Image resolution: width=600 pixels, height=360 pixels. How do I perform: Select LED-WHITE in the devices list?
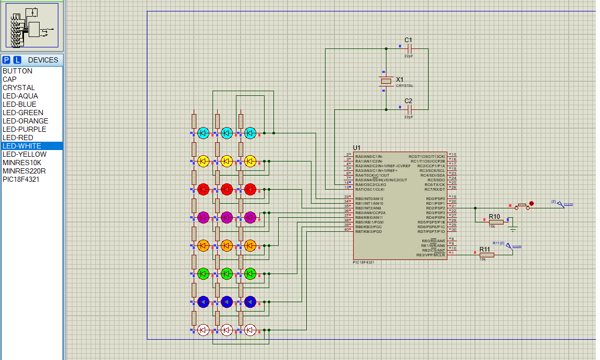(22, 146)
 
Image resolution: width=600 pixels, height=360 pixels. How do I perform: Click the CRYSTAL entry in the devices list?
(19, 88)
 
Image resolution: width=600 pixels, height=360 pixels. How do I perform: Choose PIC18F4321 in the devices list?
(21, 179)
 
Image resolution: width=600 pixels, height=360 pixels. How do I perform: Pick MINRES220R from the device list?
(24, 171)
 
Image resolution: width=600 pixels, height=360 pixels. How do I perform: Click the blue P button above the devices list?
(7, 60)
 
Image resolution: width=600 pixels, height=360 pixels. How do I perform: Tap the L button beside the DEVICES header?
(17, 60)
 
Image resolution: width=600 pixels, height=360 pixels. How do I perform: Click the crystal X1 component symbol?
(385, 81)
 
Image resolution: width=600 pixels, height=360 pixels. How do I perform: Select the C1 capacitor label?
(408, 40)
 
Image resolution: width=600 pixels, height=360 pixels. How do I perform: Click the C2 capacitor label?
(408, 101)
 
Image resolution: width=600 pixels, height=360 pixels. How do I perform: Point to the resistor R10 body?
(496, 222)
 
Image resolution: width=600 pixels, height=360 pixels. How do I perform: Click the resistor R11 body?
(486, 255)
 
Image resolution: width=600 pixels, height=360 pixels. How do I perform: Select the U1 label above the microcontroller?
(357, 148)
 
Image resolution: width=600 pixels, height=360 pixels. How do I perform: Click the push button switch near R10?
(522, 207)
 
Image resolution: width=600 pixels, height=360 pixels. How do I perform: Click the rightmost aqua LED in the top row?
(250, 133)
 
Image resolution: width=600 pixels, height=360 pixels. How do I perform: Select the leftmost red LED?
(203, 189)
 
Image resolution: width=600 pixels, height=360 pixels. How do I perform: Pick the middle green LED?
(227, 273)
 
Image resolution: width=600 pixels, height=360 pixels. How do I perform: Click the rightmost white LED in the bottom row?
(250, 329)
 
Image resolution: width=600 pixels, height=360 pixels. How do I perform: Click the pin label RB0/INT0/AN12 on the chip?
(369, 198)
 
